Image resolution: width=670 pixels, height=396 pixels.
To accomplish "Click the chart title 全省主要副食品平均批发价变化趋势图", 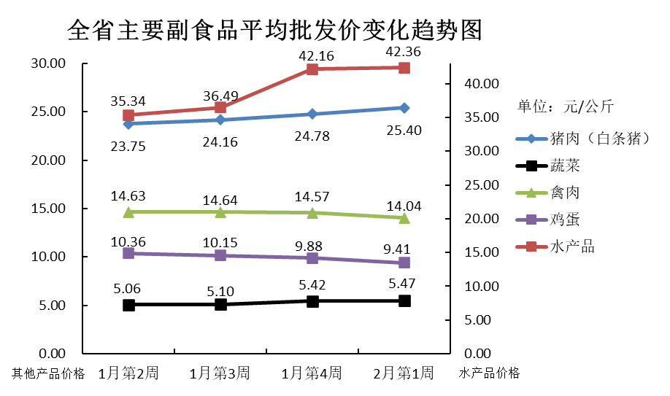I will tap(274, 30).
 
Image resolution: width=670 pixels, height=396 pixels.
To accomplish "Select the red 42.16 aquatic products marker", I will tap(312, 69).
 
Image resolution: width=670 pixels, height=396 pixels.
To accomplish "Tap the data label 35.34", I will tap(128, 100).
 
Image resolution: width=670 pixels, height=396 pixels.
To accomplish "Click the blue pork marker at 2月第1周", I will tap(404, 108).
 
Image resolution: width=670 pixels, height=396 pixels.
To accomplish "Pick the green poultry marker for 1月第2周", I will tap(128, 212).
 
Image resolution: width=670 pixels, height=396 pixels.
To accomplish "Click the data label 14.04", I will tap(404, 206).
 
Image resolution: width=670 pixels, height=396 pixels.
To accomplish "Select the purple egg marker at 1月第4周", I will tap(312, 258).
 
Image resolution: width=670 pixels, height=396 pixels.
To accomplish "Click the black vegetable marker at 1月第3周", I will tap(220, 304).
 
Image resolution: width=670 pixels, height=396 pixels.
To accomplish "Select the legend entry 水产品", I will tap(571, 246).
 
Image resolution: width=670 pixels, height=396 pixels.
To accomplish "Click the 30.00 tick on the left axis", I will tap(47, 63).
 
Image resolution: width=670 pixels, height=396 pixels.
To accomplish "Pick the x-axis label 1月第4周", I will tap(312, 373).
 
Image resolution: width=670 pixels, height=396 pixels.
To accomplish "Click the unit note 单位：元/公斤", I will tap(566, 106).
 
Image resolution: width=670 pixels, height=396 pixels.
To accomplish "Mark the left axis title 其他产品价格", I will tap(48, 374).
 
